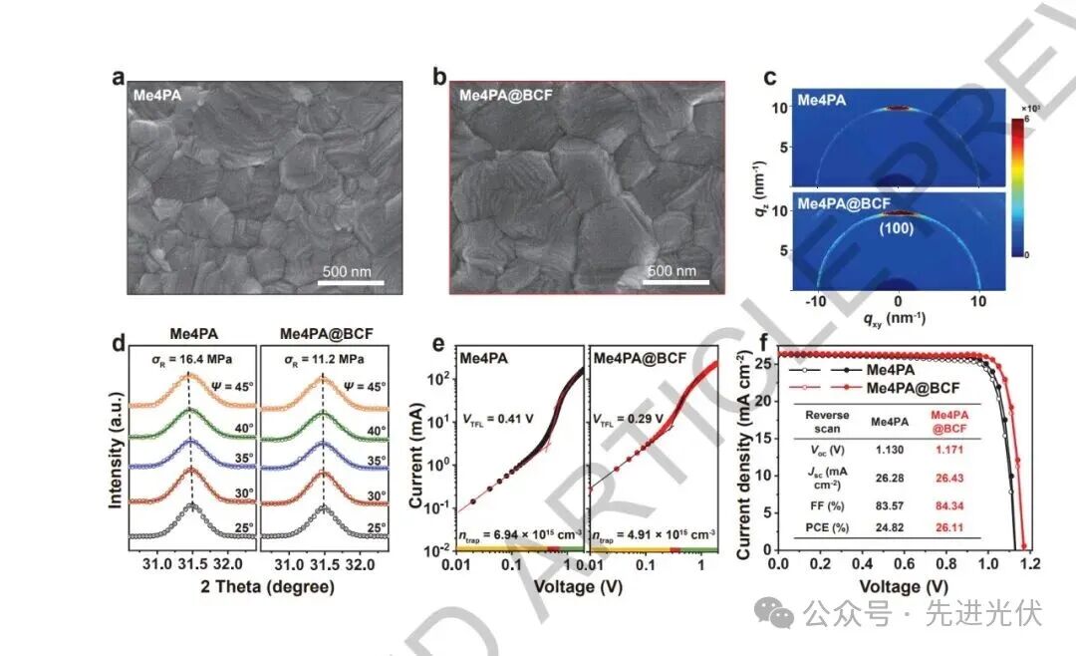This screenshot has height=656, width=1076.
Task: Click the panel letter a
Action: (119, 80)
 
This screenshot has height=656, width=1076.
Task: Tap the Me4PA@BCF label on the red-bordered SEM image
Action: (506, 97)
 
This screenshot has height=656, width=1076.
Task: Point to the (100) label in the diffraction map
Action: (899, 228)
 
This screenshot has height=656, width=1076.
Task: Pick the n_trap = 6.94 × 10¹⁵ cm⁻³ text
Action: (518, 538)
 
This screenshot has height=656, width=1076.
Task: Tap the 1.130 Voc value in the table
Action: (889, 451)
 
